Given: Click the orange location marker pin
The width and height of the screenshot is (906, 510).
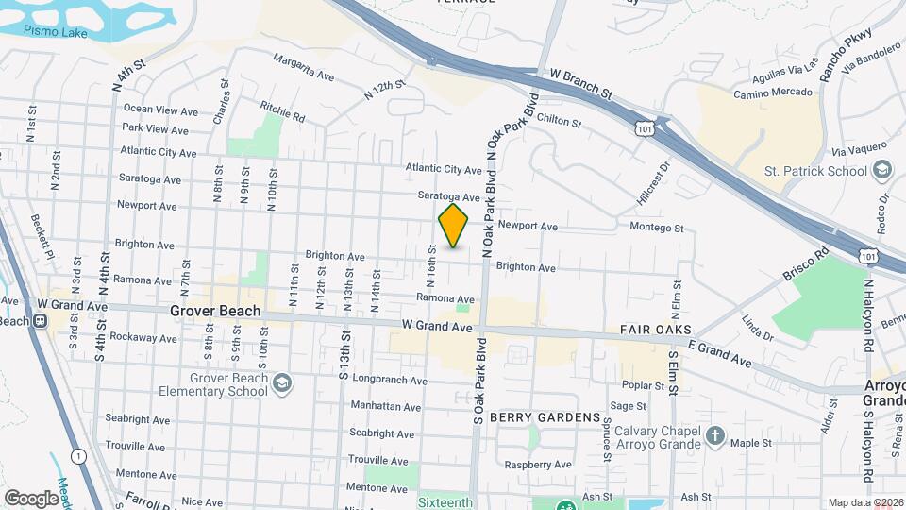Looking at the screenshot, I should (x=453, y=226).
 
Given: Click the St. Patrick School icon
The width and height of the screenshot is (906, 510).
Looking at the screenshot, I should (x=882, y=171).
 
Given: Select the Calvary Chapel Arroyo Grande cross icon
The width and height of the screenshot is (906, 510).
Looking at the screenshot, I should (x=715, y=436).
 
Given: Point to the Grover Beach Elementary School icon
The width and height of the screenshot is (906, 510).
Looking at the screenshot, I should (x=283, y=383).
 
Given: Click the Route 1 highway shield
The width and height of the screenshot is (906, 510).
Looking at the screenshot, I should (x=78, y=456).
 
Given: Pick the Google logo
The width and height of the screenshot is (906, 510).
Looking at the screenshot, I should (x=31, y=498).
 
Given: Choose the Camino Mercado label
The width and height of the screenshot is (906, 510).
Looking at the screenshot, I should (x=776, y=92).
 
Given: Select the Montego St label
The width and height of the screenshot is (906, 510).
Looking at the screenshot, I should (x=656, y=228).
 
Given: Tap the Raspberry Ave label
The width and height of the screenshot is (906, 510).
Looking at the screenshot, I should (x=538, y=465).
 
